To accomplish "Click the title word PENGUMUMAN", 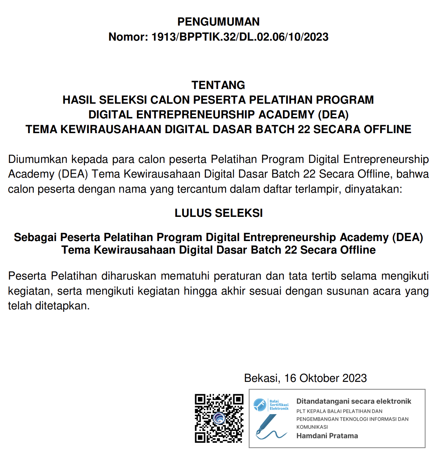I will tap(218, 22).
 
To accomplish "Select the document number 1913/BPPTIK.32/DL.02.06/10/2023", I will tap(240, 37).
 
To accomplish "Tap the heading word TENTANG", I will tap(218, 85).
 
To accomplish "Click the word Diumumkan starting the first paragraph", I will tap(38, 159).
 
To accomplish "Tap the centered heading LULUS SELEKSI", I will tap(219, 213).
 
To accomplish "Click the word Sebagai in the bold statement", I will tap(35, 238).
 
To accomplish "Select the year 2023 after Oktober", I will tap(354, 378).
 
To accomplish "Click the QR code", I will tap(219, 418).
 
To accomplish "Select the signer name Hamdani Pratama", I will tap(327, 436).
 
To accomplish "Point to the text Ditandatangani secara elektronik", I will tap(354, 401).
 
